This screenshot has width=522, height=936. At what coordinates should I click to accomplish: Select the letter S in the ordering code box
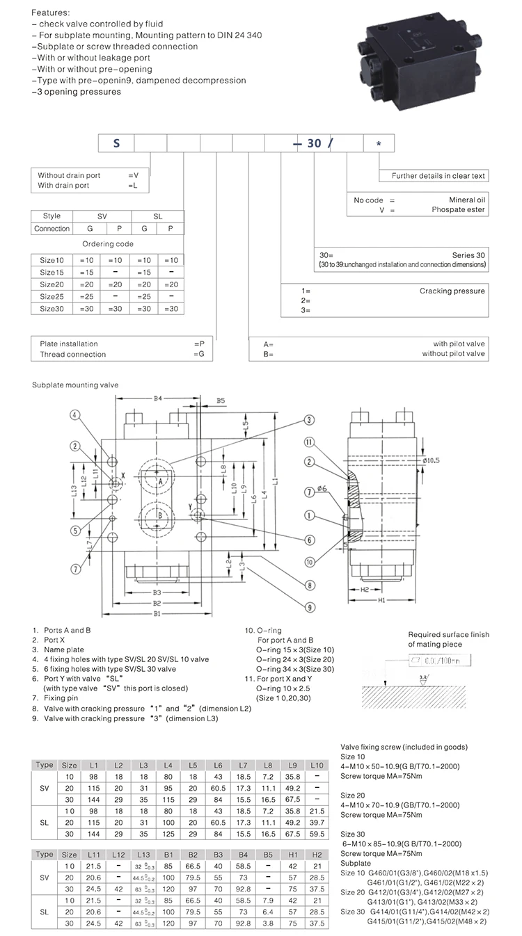[117, 143]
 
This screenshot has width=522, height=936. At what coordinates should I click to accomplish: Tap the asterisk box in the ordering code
[379, 143]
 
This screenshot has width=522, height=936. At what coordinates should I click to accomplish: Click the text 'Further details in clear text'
[438, 176]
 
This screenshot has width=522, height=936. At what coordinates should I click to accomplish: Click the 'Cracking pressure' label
[461, 291]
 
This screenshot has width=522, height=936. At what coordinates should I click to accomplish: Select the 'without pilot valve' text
[453, 354]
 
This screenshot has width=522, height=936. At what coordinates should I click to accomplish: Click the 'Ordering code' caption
[108, 244]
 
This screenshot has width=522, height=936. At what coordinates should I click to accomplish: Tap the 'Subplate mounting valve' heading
[75, 385]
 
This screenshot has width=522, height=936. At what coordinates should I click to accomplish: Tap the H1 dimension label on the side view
[381, 600]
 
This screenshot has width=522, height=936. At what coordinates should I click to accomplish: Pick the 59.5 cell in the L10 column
[316, 833]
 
